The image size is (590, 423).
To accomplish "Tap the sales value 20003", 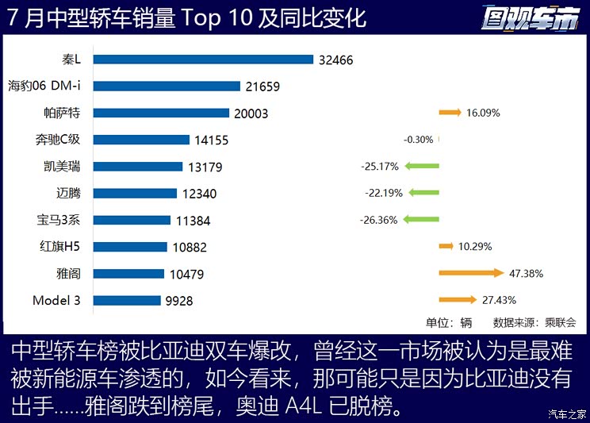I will click(251, 113).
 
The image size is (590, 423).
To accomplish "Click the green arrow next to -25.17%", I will click(421, 166).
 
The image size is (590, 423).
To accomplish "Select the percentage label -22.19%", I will click(384, 193).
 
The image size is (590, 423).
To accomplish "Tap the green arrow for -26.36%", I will click(421, 220).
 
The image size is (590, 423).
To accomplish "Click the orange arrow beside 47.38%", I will click(471, 273).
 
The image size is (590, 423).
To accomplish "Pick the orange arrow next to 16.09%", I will click(450, 113).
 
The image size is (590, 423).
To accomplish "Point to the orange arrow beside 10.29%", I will click(446, 247).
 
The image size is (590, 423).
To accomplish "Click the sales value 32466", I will click(335, 60).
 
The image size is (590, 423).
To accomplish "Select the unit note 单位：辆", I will click(449, 322).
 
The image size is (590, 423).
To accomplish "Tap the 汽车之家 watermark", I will click(568, 414).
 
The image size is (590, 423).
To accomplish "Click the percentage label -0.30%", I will click(418, 140).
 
